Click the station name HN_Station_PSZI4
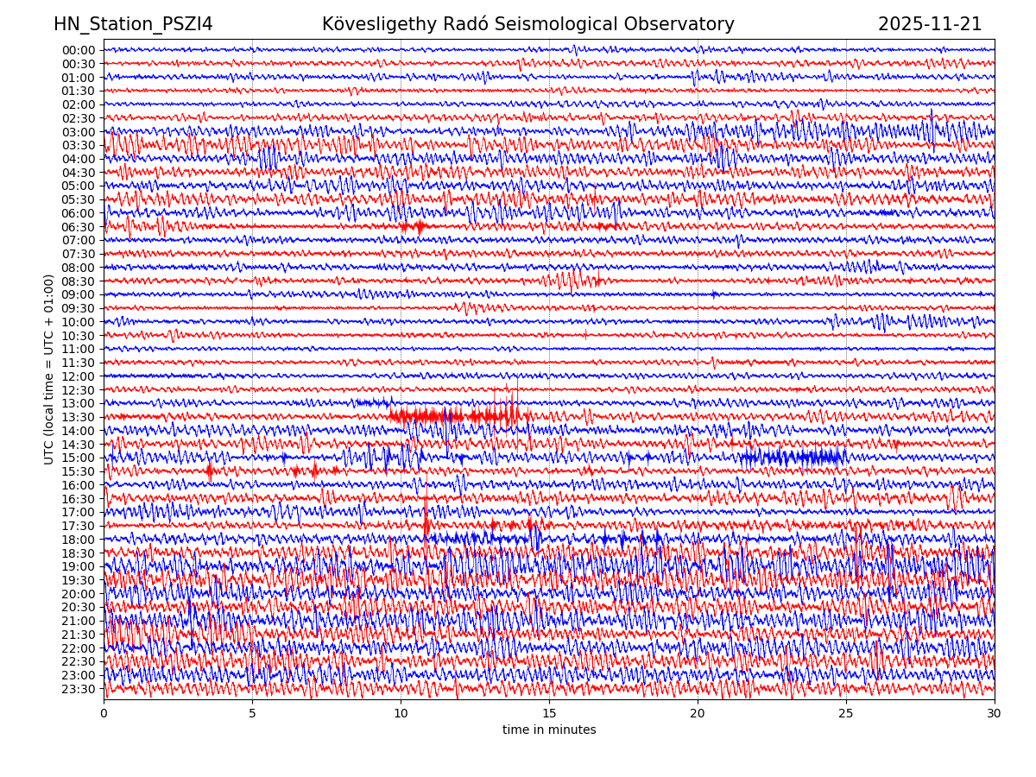click(x=133, y=25)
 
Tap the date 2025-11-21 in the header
click(x=930, y=25)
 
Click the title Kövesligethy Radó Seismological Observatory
click(x=527, y=25)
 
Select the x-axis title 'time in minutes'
click(x=549, y=730)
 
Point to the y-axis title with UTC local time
click(x=49, y=369)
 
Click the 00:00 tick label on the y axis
click(x=79, y=50)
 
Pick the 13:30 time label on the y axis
click(x=79, y=417)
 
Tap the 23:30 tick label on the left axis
click(x=79, y=689)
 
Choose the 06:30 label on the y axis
click(x=79, y=227)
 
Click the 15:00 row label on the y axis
click(x=79, y=458)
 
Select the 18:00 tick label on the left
click(x=79, y=540)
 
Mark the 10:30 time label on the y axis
click(x=79, y=336)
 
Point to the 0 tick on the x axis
click(x=104, y=714)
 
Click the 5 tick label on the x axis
click(x=252, y=714)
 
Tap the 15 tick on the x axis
click(x=549, y=714)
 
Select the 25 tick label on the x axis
click(x=846, y=714)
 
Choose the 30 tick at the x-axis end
click(x=995, y=714)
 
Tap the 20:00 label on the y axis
click(x=79, y=594)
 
